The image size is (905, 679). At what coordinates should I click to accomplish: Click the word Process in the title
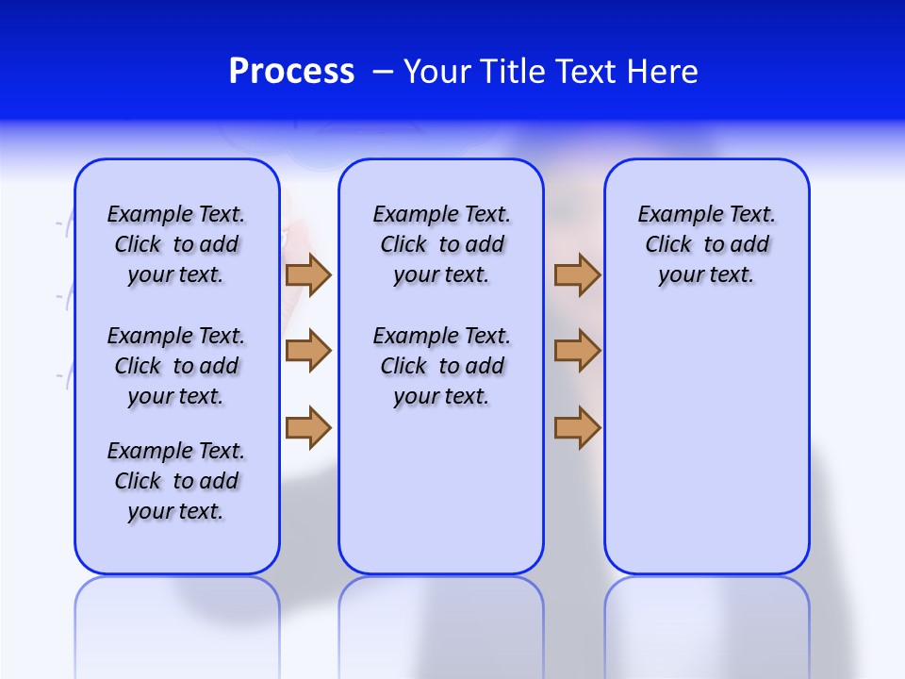pos(291,72)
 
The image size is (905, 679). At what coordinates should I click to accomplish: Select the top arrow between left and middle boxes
pos(308,274)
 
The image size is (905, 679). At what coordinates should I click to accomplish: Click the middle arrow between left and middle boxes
pos(308,351)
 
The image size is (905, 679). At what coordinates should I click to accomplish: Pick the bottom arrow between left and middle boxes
pos(308,428)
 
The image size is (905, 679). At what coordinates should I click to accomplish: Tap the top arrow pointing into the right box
pos(577,274)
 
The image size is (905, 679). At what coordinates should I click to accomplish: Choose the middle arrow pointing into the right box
pos(577,351)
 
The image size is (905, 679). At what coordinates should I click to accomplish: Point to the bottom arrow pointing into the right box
pos(577,428)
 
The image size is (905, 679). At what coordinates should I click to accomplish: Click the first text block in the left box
pos(176,244)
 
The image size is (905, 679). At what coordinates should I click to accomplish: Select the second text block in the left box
pos(176,366)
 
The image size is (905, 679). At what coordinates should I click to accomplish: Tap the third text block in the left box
pos(176,481)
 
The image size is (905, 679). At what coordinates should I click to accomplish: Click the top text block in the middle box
pos(441,244)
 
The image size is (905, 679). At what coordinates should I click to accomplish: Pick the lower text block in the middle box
pos(441,366)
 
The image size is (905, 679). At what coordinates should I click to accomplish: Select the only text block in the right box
pos(706,244)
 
